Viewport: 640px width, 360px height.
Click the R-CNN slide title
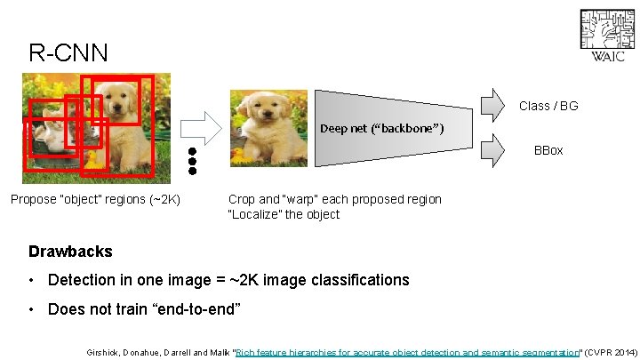tap(68, 52)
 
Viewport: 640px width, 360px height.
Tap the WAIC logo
tap(607, 36)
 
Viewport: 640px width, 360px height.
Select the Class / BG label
tap(548, 106)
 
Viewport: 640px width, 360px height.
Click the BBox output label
tap(548, 150)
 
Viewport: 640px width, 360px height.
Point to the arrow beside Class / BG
tap(494, 106)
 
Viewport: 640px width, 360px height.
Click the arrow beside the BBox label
tap(494, 150)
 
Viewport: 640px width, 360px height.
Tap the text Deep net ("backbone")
tap(382, 129)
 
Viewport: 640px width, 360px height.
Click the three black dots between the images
tap(191, 160)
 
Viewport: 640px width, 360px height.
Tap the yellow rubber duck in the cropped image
tap(238, 156)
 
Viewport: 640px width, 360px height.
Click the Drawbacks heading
tap(70, 252)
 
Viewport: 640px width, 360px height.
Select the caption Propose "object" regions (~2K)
tap(95, 199)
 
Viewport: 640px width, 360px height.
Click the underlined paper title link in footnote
tap(407, 352)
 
